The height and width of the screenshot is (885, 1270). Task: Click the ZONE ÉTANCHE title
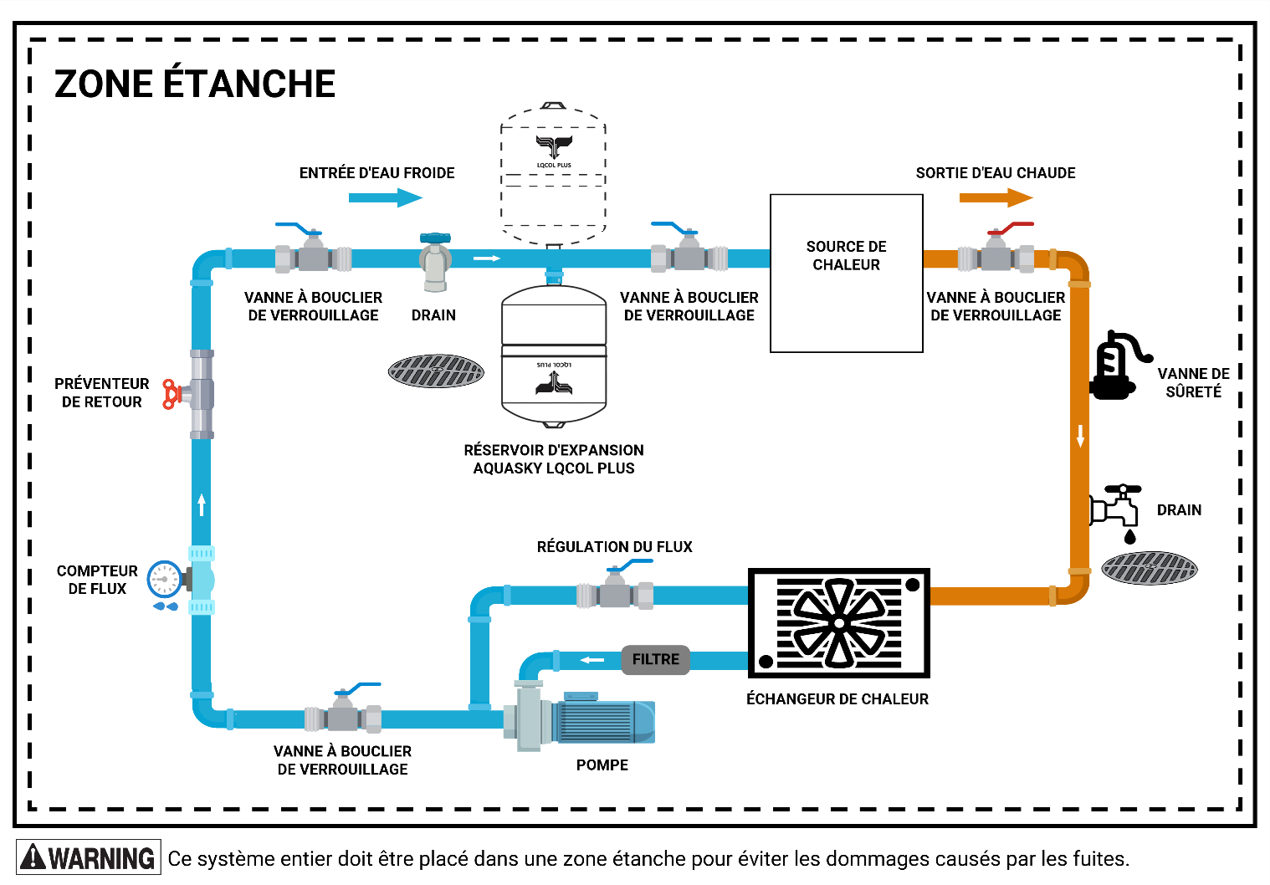tap(194, 84)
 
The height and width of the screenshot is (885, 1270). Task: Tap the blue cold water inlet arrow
tap(386, 198)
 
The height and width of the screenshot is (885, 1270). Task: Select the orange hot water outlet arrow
tap(996, 198)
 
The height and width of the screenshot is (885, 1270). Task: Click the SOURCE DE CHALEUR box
tap(846, 274)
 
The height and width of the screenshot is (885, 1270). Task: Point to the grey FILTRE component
tap(655, 659)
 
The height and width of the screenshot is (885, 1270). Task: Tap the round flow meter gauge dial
tap(165, 580)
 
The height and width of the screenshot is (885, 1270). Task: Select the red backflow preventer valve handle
tap(171, 394)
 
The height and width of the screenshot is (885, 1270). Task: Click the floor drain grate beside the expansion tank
tap(436, 371)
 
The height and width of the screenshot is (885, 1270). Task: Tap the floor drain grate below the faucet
tap(1150, 567)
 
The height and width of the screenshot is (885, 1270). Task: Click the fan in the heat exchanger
tap(839, 623)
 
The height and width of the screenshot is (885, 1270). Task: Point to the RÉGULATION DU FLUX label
tap(615, 546)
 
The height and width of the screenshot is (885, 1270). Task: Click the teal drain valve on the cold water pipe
tap(435, 261)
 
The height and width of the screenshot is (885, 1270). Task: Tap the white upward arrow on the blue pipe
tap(202, 504)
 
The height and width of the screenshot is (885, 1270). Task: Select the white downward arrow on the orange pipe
tap(1081, 436)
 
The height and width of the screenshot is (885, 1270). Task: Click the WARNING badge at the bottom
tap(89, 857)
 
